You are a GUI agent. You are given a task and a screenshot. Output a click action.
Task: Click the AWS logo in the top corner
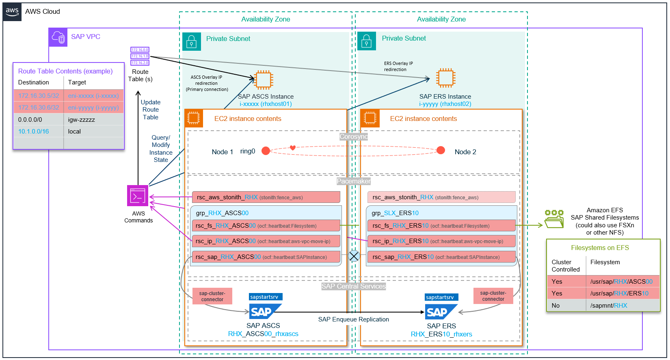point(12,12)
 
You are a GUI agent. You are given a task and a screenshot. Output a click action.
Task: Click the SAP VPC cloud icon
point(58,37)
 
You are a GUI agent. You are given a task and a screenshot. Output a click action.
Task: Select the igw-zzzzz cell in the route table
point(93,120)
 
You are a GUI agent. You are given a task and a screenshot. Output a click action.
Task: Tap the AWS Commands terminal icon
point(138,196)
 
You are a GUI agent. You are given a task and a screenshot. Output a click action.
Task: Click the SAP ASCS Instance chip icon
point(264,80)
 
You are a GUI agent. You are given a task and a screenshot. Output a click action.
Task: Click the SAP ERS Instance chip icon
point(445,78)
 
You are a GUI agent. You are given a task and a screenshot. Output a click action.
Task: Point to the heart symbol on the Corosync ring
point(292,148)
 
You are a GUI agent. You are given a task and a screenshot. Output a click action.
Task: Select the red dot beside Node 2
point(441,151)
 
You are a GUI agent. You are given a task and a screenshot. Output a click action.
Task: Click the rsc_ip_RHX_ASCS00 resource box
point(266,241)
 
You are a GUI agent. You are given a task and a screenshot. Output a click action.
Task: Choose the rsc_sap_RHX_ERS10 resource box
point(441,257)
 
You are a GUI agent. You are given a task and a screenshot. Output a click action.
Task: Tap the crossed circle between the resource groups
point(354,256)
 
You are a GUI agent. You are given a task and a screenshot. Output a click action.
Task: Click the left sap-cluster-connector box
point(212,296)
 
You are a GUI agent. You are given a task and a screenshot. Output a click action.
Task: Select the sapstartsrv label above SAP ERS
point(441,297)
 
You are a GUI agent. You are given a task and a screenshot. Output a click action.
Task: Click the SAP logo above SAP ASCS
point(264,312)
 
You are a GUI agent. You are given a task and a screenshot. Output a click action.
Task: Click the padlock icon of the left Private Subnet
point(192,42)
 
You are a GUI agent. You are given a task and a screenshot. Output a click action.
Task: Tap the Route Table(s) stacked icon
point(140,56)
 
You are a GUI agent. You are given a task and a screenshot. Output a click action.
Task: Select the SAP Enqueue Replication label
point(353,319)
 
